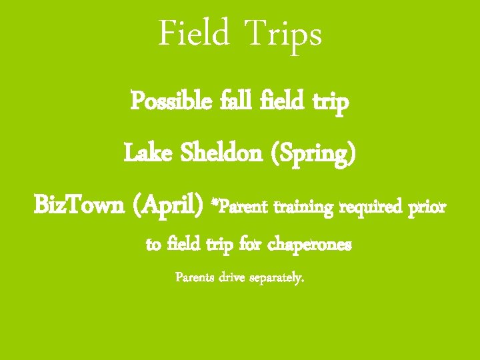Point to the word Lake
(148, 154)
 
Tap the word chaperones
(309, 245)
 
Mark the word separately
(281, 277)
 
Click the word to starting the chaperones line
(153, 245)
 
